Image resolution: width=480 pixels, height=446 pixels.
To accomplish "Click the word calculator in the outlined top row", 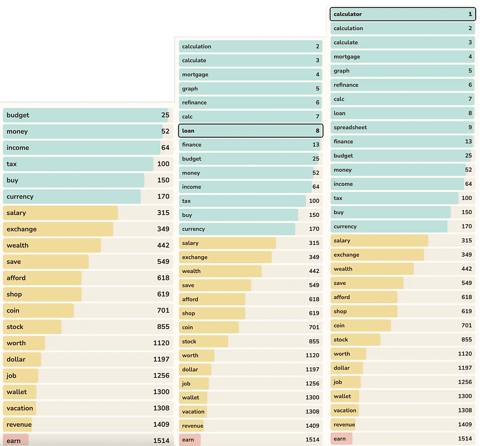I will [348, 14].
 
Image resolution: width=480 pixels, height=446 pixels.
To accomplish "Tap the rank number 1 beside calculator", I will [470, 14].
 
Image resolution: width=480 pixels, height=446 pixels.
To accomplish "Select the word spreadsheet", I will [350, 127].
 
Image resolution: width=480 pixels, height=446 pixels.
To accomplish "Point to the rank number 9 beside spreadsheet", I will [470, 127].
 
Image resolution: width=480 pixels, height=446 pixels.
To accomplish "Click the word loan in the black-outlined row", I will [188, 131].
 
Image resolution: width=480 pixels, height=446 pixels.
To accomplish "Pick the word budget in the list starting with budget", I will [18, 115].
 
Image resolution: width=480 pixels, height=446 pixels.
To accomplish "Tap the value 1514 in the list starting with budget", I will [161, 440].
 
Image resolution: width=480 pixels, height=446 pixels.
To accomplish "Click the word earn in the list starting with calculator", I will [340, 439].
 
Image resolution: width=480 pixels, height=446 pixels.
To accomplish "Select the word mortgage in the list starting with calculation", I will [195, 74].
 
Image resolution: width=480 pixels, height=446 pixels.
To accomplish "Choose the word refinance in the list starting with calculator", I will [346, 85].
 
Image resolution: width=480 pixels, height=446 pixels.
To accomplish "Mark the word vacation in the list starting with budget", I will [20, 408].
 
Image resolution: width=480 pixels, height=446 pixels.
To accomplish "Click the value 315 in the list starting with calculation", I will [314, 243].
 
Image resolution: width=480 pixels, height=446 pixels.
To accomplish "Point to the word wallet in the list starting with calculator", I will [342, 396].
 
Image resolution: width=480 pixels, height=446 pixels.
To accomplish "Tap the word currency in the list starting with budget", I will [20, 197].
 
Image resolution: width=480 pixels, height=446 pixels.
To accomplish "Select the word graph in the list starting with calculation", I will [190, 88].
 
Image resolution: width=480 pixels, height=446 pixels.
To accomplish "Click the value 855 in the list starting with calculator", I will [466, 340].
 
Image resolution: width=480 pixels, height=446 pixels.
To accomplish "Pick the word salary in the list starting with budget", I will [16, 213].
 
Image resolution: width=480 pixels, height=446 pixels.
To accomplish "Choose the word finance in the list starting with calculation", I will [192, 145].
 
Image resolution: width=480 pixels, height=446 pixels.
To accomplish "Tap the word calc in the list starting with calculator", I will [339, 99].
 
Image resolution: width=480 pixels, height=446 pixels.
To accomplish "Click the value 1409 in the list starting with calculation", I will [312, 426].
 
